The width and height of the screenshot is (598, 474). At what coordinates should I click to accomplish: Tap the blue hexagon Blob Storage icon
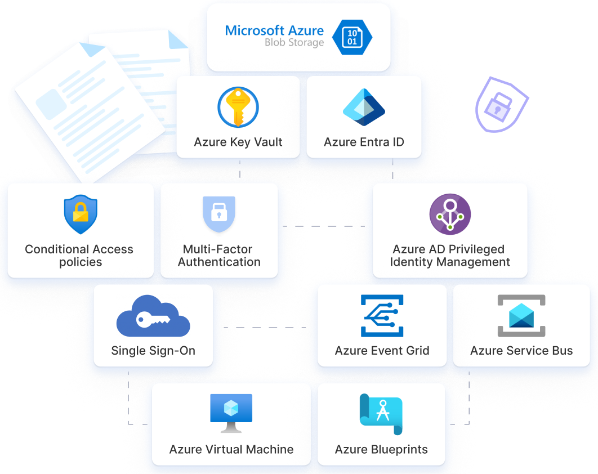352,38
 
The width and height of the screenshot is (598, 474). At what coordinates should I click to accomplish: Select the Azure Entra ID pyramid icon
364,107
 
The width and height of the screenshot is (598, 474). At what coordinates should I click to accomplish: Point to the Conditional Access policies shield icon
81,214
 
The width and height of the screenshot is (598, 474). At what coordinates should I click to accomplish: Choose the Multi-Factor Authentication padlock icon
218,214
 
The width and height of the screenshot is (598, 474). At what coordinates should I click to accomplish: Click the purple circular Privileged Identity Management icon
450,214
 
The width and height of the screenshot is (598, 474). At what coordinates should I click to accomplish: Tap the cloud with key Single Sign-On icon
153,317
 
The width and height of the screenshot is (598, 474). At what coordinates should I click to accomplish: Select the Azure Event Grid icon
382,315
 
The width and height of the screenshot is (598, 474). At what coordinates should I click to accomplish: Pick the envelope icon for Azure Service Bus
521,315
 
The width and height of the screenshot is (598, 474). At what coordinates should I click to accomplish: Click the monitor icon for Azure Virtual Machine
231,413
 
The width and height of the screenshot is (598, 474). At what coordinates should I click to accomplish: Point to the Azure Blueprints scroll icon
381,414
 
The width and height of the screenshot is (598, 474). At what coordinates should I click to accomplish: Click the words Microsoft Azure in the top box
274,30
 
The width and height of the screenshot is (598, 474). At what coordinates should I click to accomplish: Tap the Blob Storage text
294,43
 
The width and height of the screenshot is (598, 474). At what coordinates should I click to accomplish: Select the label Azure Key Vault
238,142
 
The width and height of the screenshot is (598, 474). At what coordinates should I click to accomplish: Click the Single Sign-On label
153,350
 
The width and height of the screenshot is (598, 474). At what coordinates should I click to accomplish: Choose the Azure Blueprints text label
381,449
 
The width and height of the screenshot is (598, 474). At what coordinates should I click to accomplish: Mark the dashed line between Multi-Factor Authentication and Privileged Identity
324,226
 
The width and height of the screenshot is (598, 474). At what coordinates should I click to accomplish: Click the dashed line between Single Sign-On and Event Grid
265,327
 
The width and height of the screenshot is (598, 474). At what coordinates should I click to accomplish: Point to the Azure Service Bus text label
521,351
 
